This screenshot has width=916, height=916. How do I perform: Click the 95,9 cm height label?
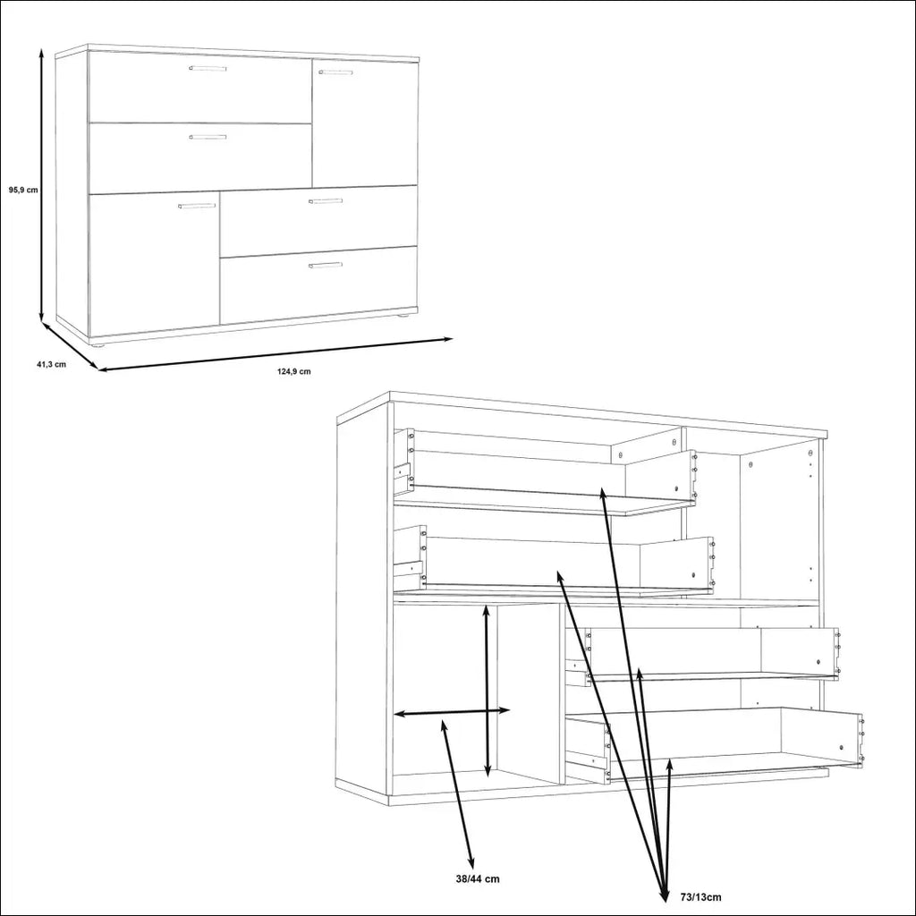click(23, 190)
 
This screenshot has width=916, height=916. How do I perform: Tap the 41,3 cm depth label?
click(51, 365)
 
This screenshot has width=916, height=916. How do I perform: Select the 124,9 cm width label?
click(293, 371)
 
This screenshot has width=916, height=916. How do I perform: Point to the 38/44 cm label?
click(478, 878)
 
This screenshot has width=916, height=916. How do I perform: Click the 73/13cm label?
click(701, 897)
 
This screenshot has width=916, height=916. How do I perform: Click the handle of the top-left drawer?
click(208, 68)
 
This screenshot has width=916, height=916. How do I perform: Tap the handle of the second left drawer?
click(208, 137)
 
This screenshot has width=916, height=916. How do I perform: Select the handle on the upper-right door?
click(335, 72)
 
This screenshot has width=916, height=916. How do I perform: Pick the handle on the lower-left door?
click(196, 206)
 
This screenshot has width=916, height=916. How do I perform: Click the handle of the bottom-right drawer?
click(326, 265)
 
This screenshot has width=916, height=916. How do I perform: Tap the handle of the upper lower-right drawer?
click(326, 201)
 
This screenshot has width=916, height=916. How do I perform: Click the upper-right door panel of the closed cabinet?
click(365, 123)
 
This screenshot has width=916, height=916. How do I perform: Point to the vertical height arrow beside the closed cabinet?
click(41, 185)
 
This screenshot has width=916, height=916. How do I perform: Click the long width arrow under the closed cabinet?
click(275, 354)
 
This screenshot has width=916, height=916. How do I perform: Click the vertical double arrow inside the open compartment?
click(488, 691)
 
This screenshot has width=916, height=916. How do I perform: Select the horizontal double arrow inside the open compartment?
click(452, 712)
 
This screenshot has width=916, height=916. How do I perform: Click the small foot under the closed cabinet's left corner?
click(99, 346)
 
